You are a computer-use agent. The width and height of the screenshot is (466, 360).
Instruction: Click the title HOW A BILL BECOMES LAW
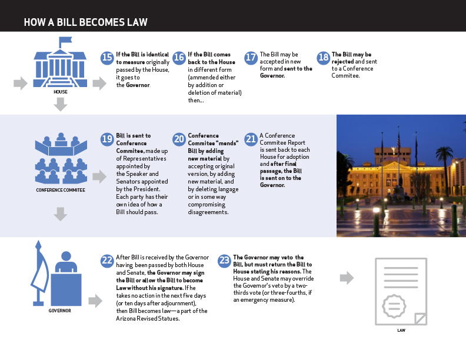tap(85, 23)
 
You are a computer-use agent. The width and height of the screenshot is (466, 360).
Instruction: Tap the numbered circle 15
tap(107, 58)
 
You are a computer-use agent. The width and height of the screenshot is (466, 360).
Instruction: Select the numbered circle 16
tap(179, 58)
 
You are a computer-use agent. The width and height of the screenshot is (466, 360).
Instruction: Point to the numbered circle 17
tap(251, 58)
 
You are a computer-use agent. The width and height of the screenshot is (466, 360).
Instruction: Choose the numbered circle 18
tap(323, 58)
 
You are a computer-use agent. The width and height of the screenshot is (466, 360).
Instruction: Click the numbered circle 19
tap(107, 139)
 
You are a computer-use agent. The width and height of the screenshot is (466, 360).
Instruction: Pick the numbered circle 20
tap(179, 139)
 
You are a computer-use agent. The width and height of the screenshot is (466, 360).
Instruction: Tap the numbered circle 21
tap(251, 139)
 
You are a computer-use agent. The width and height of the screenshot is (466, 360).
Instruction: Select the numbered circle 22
tap(107, 261)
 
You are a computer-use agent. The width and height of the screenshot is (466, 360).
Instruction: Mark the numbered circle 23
tap(224, 261)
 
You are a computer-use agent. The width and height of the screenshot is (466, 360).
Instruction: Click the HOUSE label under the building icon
tap(60, 92)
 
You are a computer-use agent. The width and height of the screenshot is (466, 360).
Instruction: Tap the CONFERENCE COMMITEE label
tap(60, 191)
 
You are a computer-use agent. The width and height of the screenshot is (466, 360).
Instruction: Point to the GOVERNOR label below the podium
tap(60, 311)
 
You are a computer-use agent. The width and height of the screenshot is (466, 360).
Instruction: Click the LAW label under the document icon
tap(401, 331)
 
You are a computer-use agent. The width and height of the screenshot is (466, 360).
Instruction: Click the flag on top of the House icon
tap(65, 41)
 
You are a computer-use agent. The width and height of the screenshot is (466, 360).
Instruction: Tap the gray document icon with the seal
tap(401, 291)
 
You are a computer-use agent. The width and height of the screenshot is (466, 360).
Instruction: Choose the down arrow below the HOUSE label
tap(60, 105)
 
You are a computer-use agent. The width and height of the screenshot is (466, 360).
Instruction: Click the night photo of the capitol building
tap(401, 175)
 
